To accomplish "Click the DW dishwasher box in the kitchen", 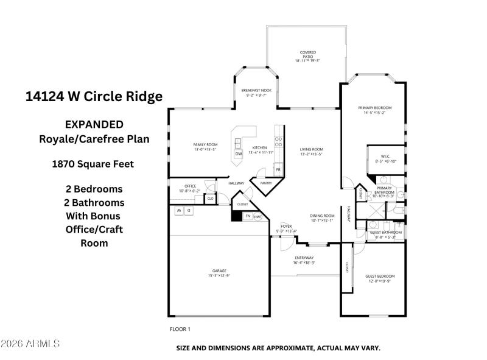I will [x=239, y=154].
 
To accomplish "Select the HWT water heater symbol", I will [x=258, y=216].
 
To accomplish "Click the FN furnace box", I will [x=248, y=216].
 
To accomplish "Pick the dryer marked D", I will [x=189, y=211].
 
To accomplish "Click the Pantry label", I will [x=265, y=183].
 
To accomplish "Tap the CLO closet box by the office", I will [x=210, y=199].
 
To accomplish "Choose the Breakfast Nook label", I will [x=256, y=90].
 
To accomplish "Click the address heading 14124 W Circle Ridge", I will [x=94, y=96].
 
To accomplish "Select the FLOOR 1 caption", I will [x=180, y=329].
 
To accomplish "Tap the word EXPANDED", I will [x=94, y=124].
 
